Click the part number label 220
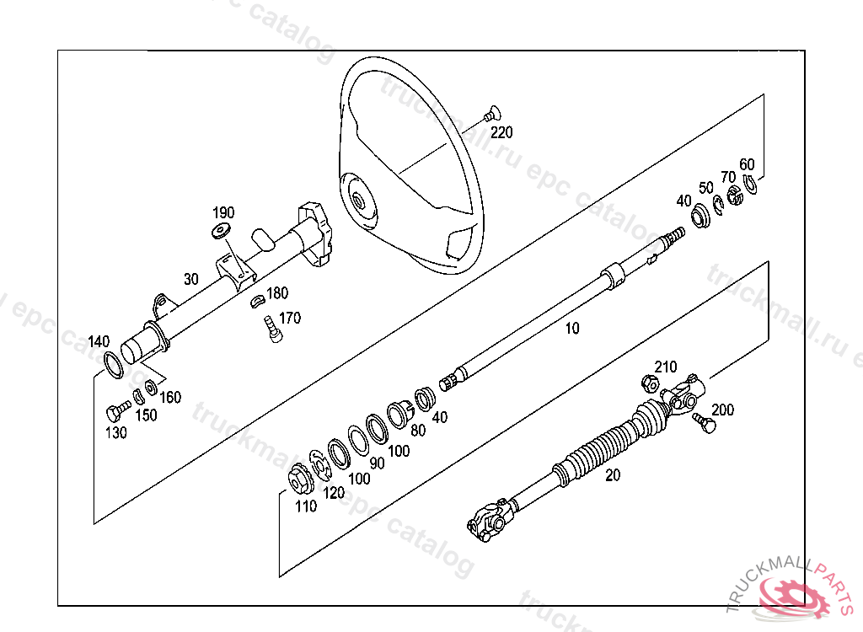[501, 132]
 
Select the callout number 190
[223, 212]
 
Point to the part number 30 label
[191, 279]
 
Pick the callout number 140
[99, 341]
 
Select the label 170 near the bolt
[289, 319]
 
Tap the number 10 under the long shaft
[572, 329]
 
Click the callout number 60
[747, 164]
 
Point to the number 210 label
[666, 367]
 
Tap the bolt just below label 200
[702, 421]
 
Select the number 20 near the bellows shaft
[613, 475]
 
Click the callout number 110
[306, 506]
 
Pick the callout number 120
[334, 493]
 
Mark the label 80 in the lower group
[418, 430]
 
